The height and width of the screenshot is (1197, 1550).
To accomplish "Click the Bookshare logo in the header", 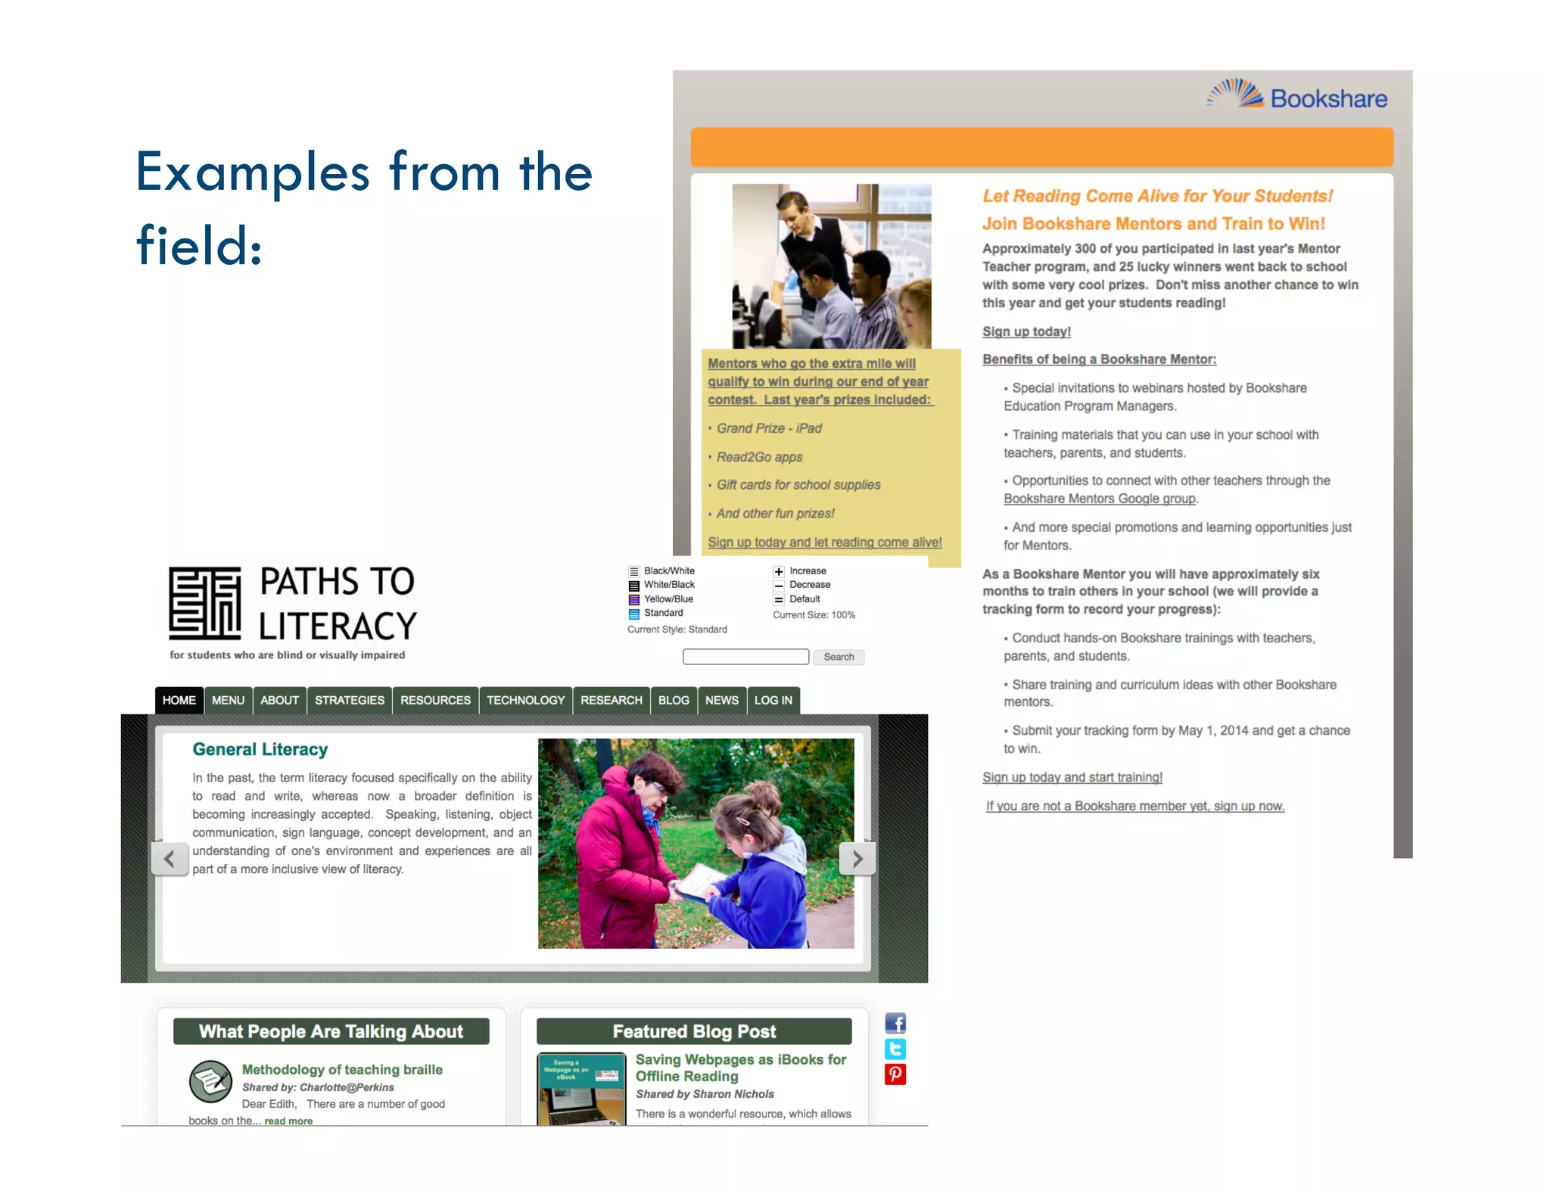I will [1297, 97].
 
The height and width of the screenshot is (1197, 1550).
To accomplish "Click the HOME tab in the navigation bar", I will [179, 700].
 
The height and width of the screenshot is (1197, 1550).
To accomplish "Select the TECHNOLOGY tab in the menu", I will [525, 700].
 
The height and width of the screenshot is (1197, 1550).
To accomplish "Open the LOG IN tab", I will [773, 700].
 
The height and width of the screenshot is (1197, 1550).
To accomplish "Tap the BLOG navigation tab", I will [674, 700].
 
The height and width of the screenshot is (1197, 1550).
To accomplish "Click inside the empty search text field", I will [745, 657].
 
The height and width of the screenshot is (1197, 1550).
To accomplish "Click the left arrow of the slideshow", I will [170, 859].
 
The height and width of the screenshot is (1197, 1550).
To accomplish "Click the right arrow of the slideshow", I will [857, 859].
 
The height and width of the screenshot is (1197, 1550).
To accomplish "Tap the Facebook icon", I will [895, 1024].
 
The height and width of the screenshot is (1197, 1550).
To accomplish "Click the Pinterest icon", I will [895, 1074].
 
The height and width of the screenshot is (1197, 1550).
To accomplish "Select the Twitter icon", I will [895, 1049].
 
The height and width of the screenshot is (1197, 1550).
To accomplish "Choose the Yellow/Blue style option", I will [668, 599].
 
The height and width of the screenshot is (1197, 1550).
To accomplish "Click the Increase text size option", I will [807, 571].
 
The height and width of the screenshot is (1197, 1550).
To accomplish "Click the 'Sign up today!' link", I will [1026, 331].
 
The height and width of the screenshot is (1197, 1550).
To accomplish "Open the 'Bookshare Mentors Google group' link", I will [1099, 499].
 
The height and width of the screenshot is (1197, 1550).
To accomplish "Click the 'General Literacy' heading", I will [260, 749].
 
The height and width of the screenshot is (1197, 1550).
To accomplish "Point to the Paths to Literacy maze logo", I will [204, 603].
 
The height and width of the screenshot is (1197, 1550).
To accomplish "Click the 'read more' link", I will [288, 1121].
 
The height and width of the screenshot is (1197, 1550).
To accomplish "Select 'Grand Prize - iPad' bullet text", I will [769, 428].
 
